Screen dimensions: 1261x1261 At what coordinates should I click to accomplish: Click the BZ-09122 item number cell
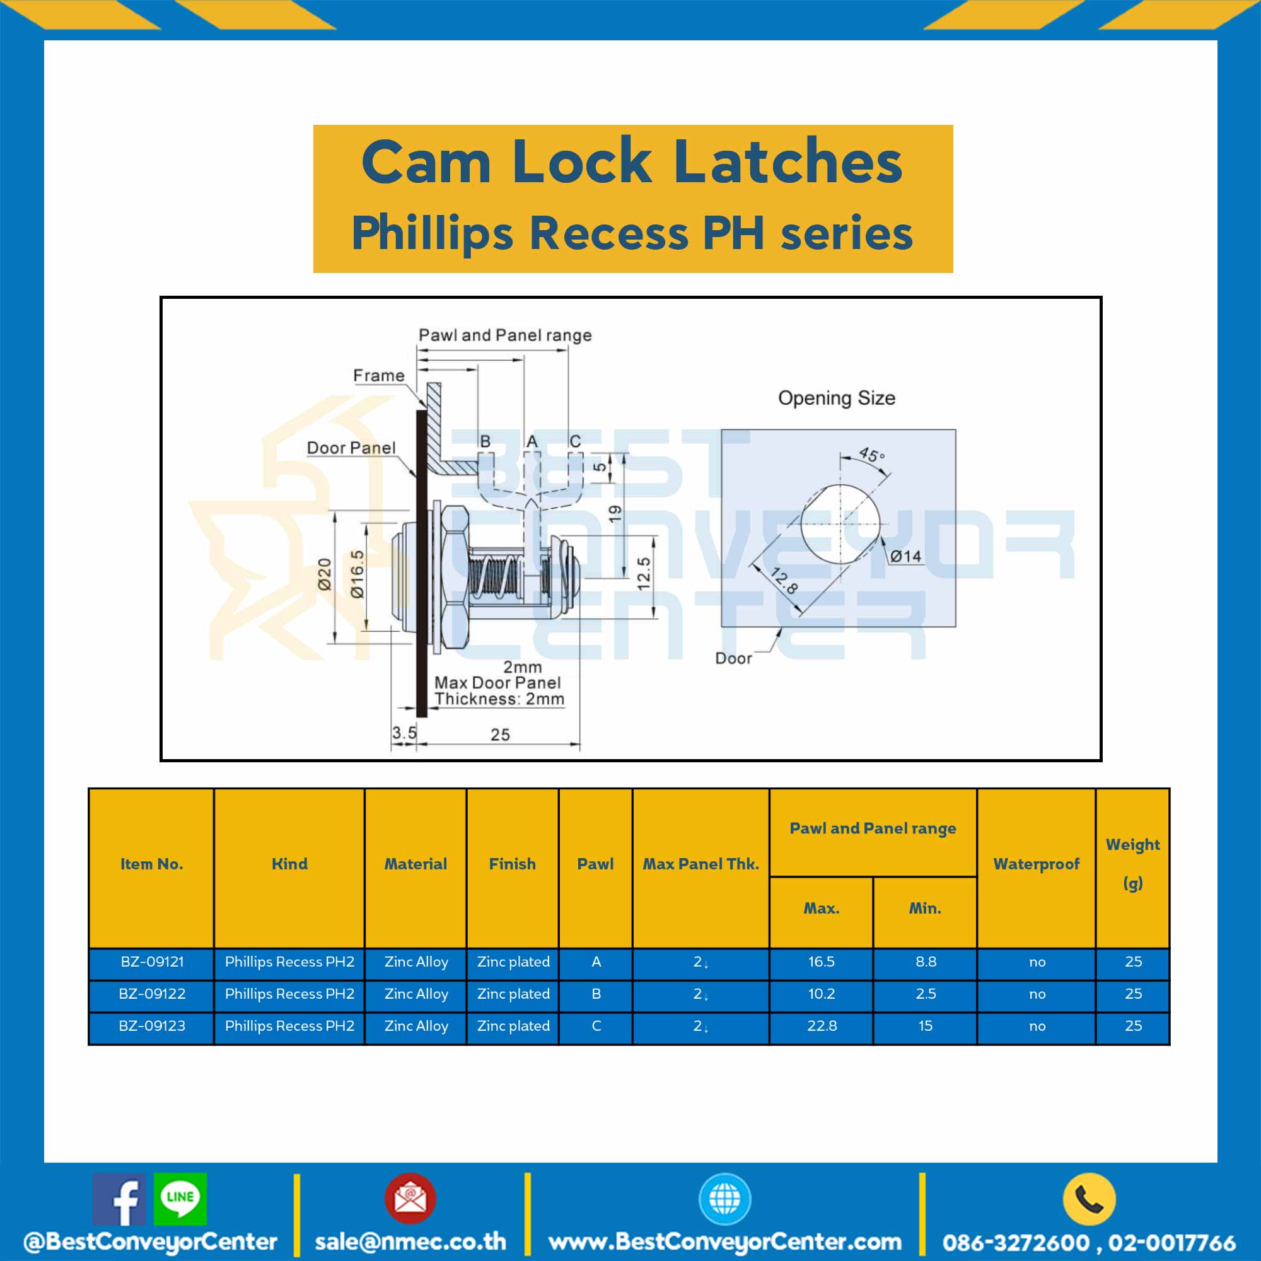click(151, 994)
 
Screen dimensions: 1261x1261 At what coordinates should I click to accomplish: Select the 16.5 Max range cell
click(821, 962)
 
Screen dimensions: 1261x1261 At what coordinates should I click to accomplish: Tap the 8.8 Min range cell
click(926, 962)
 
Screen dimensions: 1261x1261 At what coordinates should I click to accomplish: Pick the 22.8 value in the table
click(821, 1026)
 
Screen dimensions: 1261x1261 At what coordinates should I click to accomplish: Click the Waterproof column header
click(1037, 864)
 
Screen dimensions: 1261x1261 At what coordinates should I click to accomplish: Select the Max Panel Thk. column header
click(701, 864)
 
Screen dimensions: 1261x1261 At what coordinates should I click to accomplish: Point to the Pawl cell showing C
click(596, 1026)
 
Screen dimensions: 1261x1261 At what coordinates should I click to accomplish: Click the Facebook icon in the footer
click(119, 1200)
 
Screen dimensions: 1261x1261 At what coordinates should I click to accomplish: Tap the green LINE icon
click(180, 1199)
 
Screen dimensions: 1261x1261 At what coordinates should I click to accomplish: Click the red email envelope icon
click(410, 1199)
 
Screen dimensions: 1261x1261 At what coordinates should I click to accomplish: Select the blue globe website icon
click(724, 1199)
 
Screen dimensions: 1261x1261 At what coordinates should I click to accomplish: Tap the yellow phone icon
click(1090, 1199)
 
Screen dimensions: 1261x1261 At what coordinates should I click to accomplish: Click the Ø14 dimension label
click(906, 556)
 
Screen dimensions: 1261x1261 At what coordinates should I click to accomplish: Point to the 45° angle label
click(871, 454)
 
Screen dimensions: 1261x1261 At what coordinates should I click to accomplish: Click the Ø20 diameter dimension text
click(324, 574)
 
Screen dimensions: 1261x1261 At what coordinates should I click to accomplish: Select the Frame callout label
click(378, 376)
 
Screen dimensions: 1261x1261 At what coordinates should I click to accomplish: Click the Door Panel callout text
click(351, 448)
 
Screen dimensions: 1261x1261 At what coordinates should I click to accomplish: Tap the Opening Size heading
click(837, 398)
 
